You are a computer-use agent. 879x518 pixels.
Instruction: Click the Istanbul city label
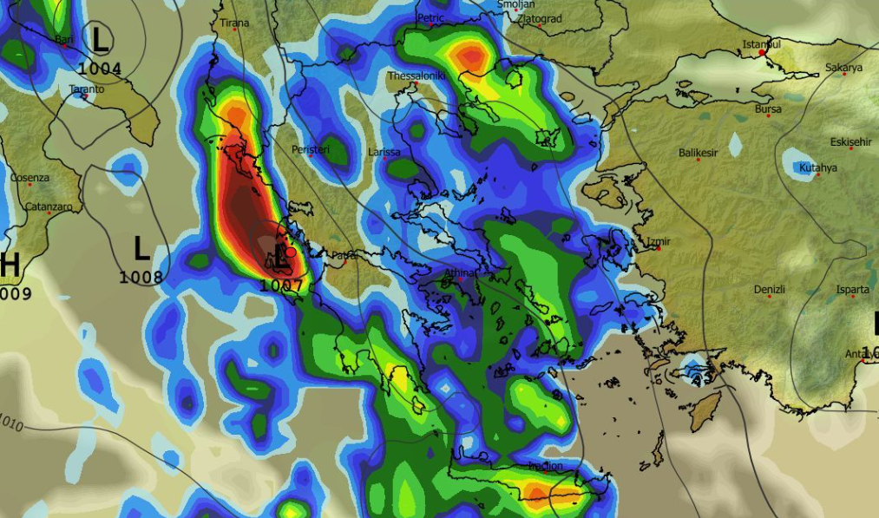tap(761, 43)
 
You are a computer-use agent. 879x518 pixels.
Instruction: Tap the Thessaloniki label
tap(417, 76)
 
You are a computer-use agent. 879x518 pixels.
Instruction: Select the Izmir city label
tap(659, 241)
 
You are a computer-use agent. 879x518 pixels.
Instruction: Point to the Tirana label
tap(234, 23)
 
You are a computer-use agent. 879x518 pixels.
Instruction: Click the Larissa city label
tap(384, 152)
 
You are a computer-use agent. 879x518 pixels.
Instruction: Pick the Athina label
tap(461, 273)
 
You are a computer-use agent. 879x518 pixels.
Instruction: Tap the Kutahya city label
tap(818, 167)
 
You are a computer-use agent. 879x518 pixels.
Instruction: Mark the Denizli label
tap(769, 289)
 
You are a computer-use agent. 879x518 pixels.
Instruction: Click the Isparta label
tap(853, 289)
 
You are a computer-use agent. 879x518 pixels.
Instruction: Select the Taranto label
tap(87, 89)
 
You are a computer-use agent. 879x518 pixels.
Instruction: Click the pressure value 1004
tap(99, 66)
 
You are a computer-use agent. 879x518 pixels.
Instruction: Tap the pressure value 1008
tap(141, 277)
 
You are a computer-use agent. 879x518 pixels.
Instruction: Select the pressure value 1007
tap(280, 285)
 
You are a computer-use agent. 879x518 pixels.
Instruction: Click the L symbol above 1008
tap(141, 251)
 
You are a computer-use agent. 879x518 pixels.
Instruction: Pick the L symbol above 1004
tap(101, 39)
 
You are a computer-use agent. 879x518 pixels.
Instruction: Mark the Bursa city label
tap(768, 109)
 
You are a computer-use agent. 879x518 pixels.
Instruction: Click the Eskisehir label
tap(850, 141)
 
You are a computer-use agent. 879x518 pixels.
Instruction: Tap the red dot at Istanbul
tap(762, 53)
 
